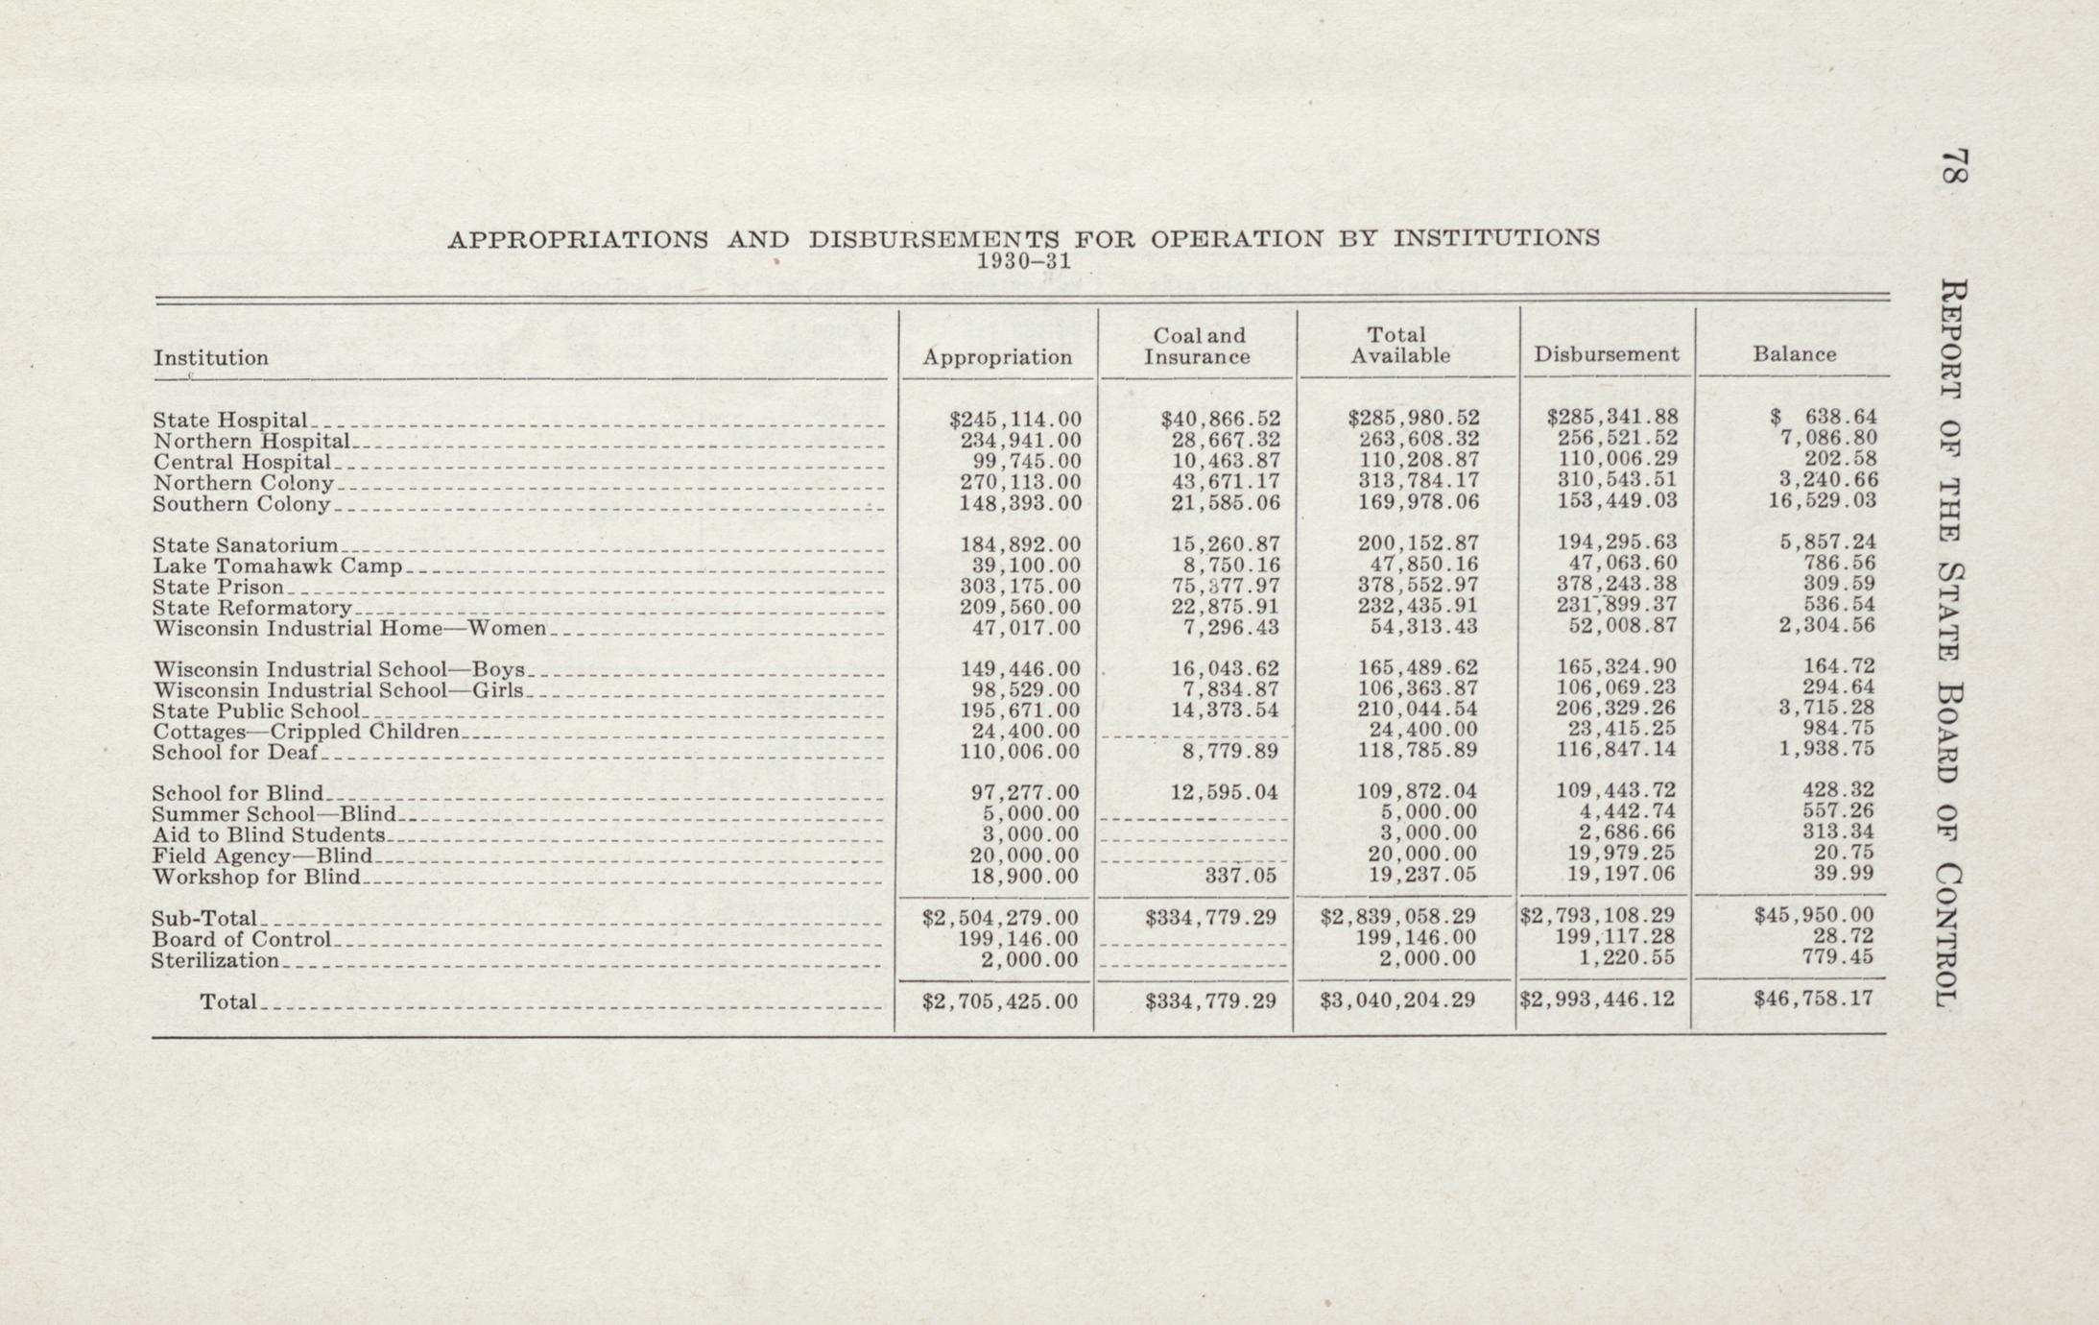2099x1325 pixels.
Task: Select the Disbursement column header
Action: (x=1606, y=354)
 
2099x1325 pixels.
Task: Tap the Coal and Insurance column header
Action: (x=1197, y=346)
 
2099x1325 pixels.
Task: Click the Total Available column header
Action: (x=1400, y=346)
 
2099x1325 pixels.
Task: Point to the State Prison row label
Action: (x=219, y=587)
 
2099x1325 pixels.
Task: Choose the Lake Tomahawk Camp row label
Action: (x=277, y=566)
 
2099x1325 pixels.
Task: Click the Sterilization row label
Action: (x=215, y=960)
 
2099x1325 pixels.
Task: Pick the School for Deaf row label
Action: (x=234, y=752)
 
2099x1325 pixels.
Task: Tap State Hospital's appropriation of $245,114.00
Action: (x=1014, y=419)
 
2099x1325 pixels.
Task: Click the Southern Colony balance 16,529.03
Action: (x=1821, y=500)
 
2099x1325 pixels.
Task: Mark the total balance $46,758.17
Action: (x=1813, y=999)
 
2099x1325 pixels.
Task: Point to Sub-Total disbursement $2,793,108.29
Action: (x=1597, y=916)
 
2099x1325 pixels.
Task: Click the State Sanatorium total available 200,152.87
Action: (x=1418, y=543)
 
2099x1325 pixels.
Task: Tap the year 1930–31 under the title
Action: (x=1023, y=260)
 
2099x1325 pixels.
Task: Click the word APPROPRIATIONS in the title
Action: (x=578, y=240)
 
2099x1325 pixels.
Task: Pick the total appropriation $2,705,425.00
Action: (x=1000, y=1000)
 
